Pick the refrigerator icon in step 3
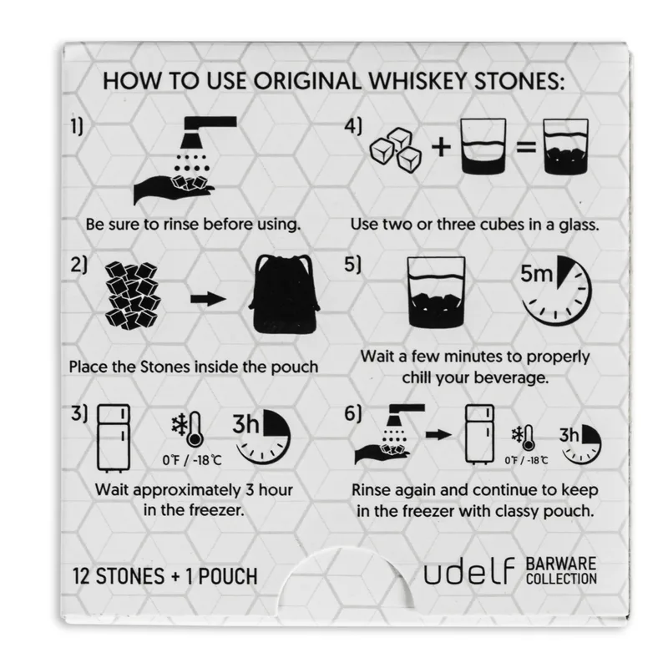[x=113, y=434]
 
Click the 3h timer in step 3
[x=263, y=436]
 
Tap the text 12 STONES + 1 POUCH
[x=164, y=576]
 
